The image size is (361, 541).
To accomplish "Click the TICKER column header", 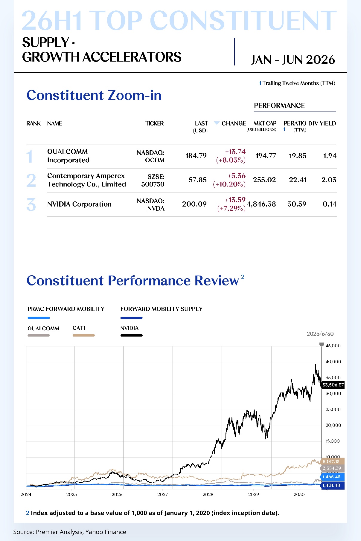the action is [x=155, y=123].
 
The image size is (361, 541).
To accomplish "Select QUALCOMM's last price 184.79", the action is [x=196, y=156].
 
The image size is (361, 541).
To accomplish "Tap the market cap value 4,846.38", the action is [x=261, y=204].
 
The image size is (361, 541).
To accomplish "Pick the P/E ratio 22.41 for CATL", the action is [x=298, y=180].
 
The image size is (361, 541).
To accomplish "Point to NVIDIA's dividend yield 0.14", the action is [x=330, y=204].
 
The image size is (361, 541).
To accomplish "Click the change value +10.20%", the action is [x=229, y=184].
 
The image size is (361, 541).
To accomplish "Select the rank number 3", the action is [x=31, y=205].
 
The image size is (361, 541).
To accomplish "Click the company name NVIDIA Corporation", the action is [x=79, y=204].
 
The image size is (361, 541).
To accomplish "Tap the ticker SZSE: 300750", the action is [x=153, y=180].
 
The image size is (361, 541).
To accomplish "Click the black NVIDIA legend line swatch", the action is [x=131, y=335].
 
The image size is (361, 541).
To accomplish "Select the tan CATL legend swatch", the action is [x=84, y=335].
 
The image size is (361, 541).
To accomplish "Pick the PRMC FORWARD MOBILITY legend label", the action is [x=66, y=309].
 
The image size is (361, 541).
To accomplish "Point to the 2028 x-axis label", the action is [x=208, y=494].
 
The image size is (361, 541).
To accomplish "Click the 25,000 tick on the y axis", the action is [x=333, y=409].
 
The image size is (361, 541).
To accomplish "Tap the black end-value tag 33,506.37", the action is [x=333, y=385].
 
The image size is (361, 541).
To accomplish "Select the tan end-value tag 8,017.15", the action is [x=332, y=461].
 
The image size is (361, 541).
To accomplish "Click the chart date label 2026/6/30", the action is [x=320, y=334].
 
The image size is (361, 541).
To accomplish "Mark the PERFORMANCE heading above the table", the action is [x=279, y=106].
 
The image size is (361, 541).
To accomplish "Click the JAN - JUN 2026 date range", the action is [x=293, y=60].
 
